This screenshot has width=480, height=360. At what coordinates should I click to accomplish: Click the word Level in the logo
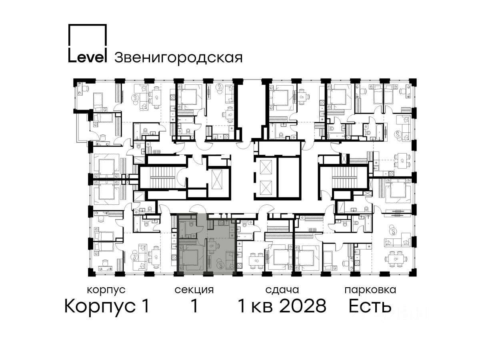pos(87,57)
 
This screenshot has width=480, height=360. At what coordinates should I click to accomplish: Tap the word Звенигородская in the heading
pos(178,58)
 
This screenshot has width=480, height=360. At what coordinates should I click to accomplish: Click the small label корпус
pos(106,290)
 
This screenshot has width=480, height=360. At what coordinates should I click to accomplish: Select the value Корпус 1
pos(107,306)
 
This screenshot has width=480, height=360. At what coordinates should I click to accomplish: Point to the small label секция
pos(194,290)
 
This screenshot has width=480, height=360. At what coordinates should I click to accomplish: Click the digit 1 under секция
pos(194,306)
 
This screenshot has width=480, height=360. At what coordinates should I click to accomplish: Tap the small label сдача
pos(282,290)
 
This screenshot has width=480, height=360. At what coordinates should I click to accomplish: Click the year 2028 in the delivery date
pos(303,306)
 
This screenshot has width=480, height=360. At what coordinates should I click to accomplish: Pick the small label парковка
pos(370,290)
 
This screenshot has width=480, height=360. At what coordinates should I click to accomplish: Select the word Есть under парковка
pos(370,306)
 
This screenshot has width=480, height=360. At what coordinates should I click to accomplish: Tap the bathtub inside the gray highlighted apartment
pos(182,229)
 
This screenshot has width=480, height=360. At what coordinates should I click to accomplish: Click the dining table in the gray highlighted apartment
pos(212,246)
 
